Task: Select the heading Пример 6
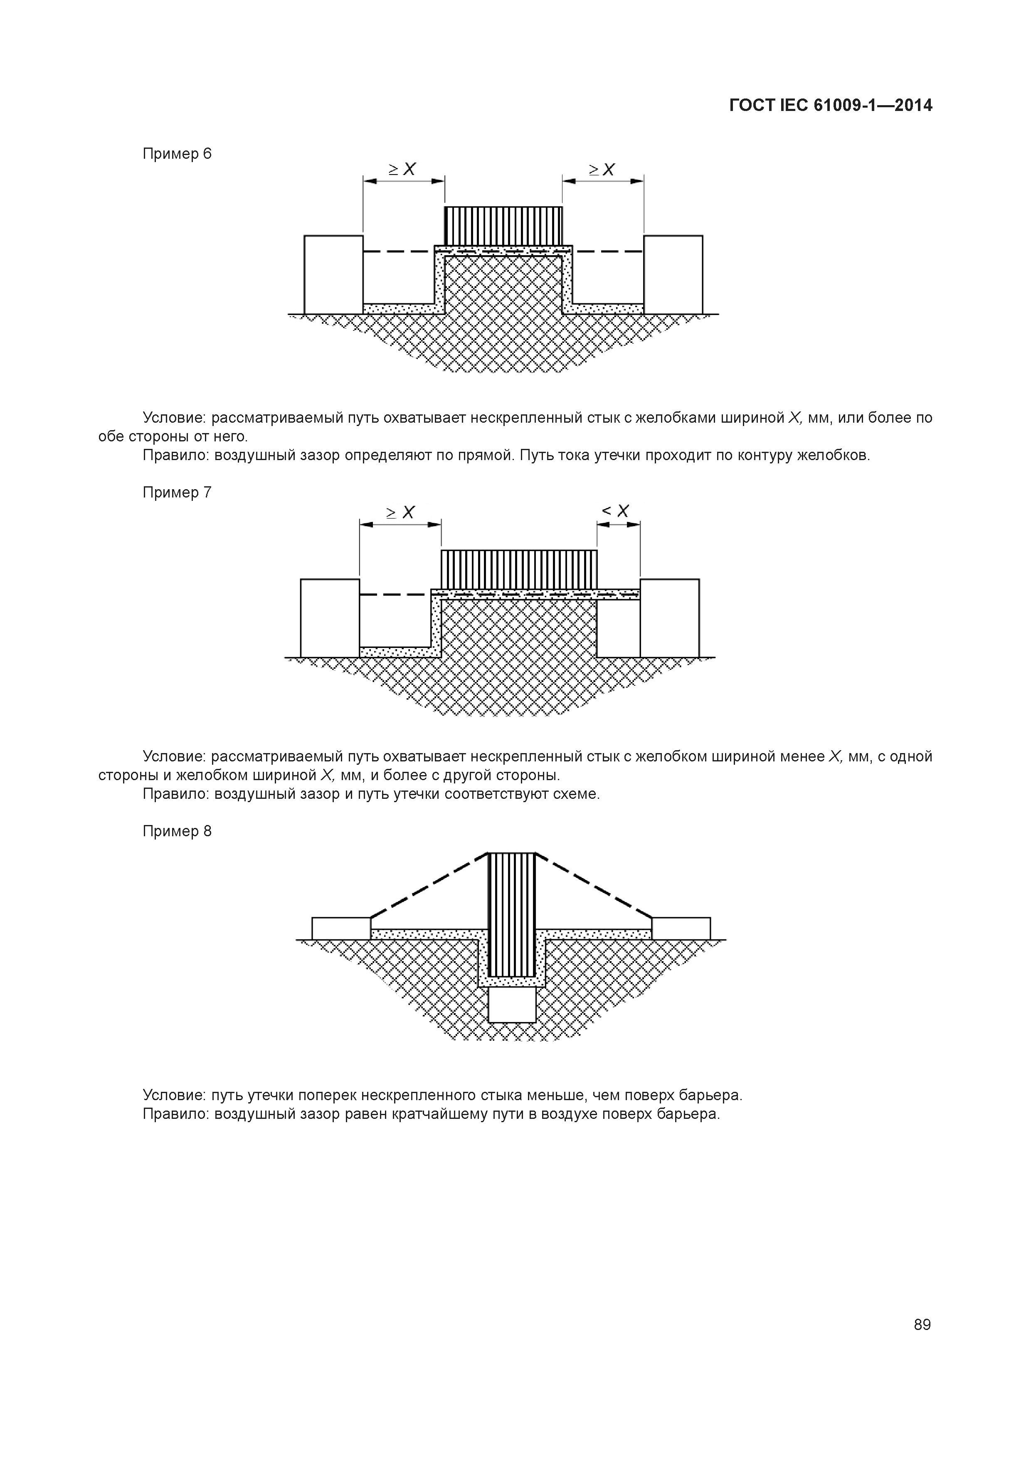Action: (x=177, y=154)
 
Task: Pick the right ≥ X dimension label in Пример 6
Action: (x=602, y=170)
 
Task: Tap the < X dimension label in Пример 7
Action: (x=616, y=511)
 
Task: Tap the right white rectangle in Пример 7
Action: (x=670, y=618)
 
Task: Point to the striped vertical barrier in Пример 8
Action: (x=512, y=914)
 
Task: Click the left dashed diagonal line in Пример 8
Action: (x=429, y=885)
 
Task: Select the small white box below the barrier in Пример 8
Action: (x=512, y=1005)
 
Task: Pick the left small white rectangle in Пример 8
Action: (x=341, y=928)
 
